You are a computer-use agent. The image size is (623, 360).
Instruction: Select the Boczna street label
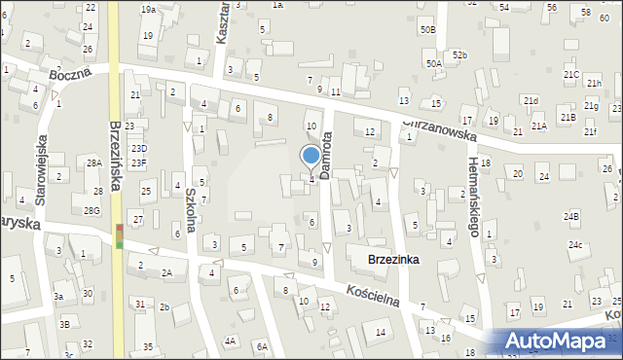click(74, 72)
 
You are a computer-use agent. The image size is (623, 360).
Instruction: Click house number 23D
click(141, 148)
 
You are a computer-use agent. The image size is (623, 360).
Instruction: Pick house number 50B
click(427, 30)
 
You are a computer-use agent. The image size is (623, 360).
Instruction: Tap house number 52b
click(458, 55)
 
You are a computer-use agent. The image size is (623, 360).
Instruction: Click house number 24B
click(570, 216)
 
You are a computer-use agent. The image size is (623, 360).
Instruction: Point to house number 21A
click(538, 126)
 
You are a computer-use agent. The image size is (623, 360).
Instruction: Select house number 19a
click(148, 9)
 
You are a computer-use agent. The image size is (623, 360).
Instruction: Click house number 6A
click(262, 345)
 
